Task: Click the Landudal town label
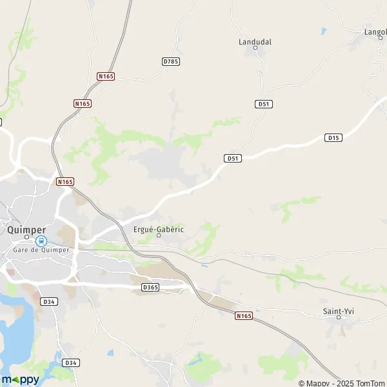(255, 41)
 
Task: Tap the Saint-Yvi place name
(339, 312)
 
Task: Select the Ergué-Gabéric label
(159, 229)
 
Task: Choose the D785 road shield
(171, 61)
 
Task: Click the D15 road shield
(333, 137)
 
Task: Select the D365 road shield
(150, 287)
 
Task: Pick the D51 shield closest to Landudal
(263, 104)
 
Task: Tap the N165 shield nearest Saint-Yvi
(243, 315)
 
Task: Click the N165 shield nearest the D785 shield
(106, 76)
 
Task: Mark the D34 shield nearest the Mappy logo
(71, 363)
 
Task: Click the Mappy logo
(21, 379)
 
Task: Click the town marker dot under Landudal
(255, 48)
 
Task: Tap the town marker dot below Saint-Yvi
(339, 318)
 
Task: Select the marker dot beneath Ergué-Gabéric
(159, 235)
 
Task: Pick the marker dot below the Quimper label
(26, 237)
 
